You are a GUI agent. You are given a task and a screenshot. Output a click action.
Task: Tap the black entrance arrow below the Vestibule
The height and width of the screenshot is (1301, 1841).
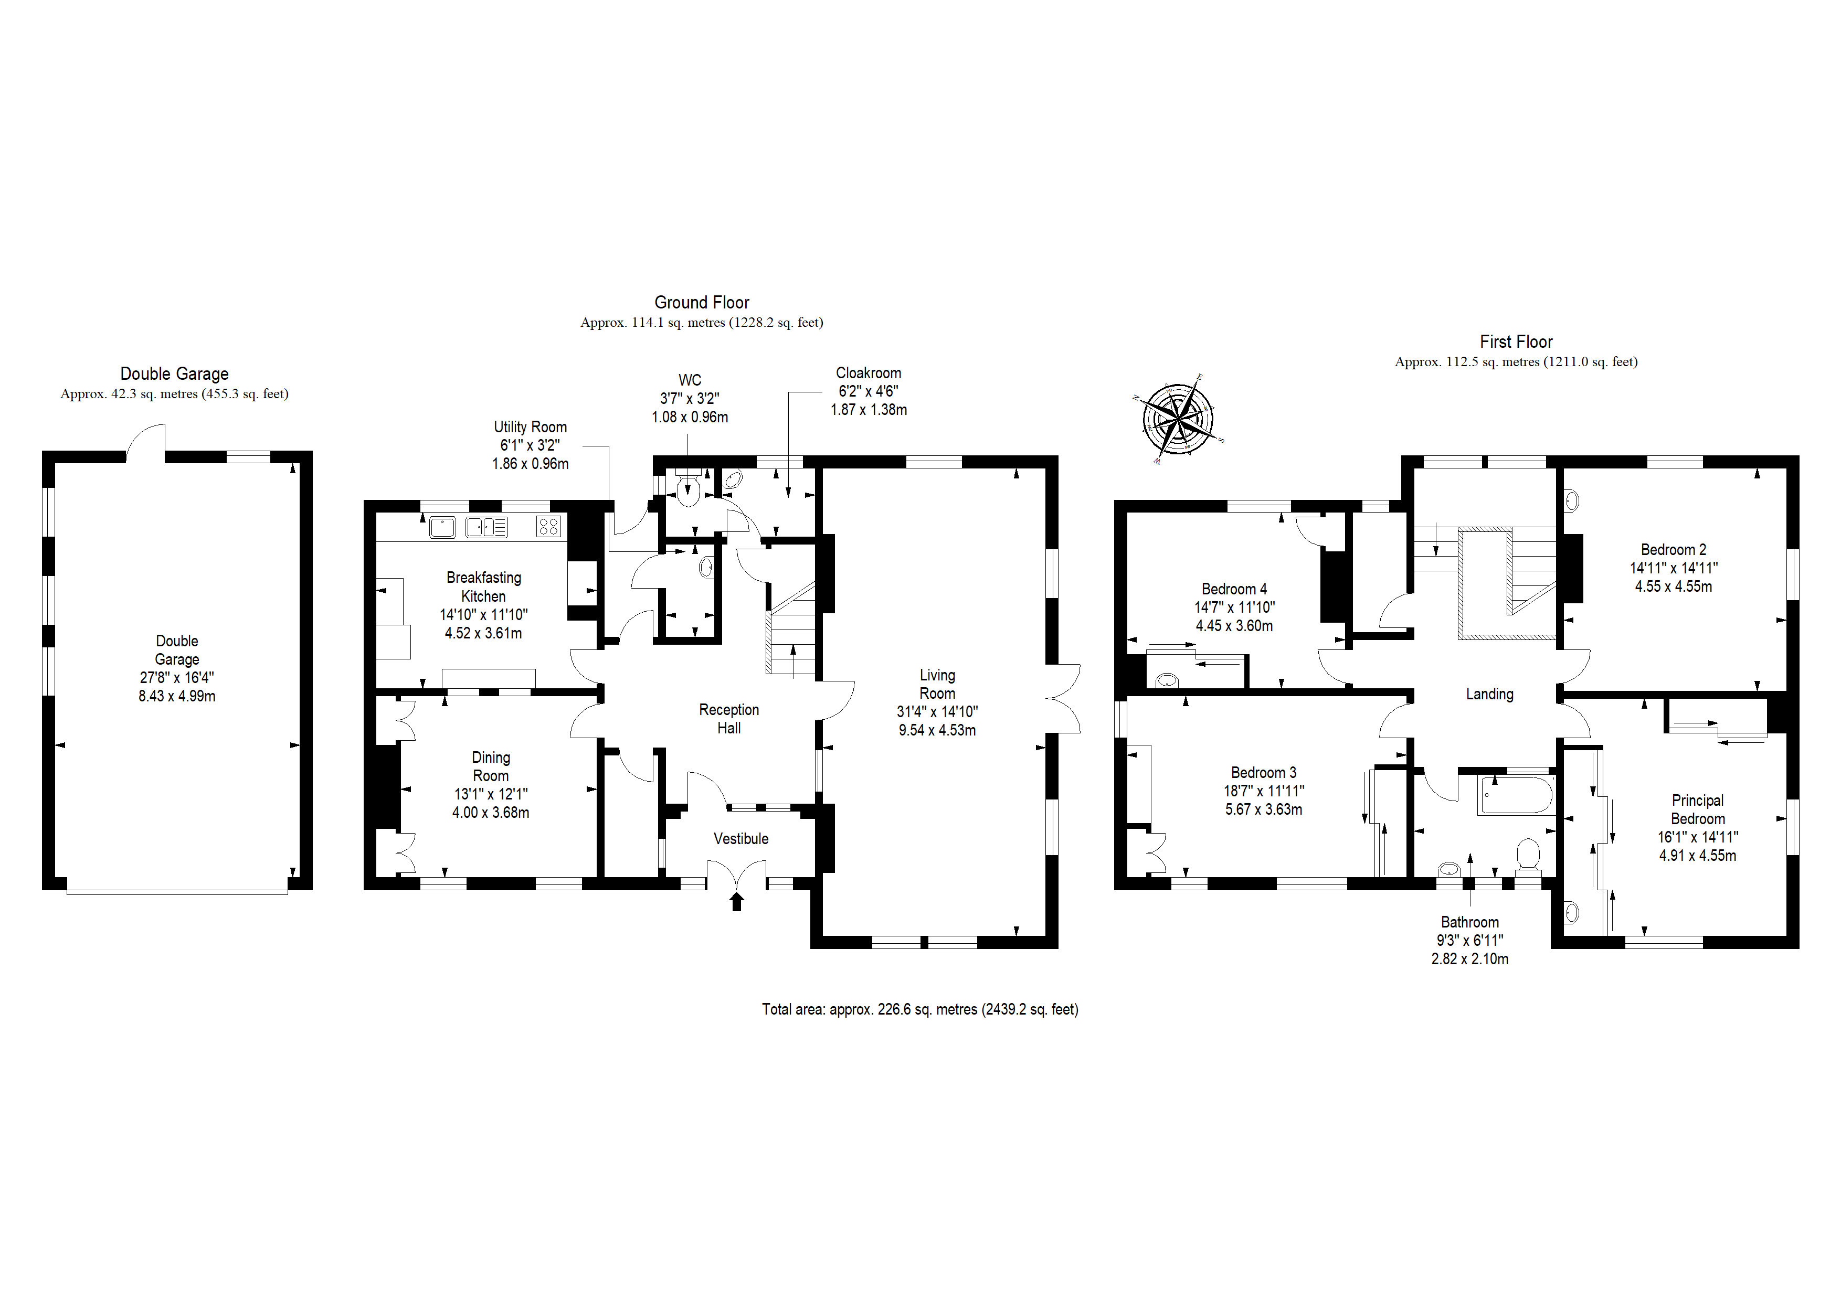736,902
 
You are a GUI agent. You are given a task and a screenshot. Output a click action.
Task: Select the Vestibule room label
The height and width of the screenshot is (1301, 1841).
741,838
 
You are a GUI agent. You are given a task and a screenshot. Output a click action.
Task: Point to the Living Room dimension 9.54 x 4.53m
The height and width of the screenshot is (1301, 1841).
937,730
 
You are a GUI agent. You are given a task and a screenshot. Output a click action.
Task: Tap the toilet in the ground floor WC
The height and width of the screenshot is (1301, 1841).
689,487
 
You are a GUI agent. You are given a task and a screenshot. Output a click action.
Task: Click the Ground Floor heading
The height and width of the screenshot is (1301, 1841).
702,302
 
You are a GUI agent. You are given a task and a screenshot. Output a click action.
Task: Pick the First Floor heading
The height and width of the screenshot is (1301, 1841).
1516,342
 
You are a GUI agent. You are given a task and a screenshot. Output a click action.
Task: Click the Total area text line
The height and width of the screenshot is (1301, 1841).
919,1009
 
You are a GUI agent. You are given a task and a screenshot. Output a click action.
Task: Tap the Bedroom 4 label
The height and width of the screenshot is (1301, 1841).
1234,589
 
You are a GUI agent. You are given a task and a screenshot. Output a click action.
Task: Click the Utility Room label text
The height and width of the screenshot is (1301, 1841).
530,427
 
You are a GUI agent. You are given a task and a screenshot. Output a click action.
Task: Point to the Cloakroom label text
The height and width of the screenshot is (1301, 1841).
869,373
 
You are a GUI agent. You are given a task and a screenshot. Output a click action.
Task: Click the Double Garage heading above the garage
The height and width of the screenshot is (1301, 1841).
174,374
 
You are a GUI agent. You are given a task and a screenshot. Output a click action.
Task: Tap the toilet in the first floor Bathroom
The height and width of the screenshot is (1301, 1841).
1528,855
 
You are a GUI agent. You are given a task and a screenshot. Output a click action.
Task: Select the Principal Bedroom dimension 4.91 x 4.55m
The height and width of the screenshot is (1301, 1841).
1698,855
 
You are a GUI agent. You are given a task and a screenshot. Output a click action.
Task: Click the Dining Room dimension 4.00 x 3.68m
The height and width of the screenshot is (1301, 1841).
491,812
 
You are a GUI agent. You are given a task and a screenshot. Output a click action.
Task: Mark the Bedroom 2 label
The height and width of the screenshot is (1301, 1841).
1674,550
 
